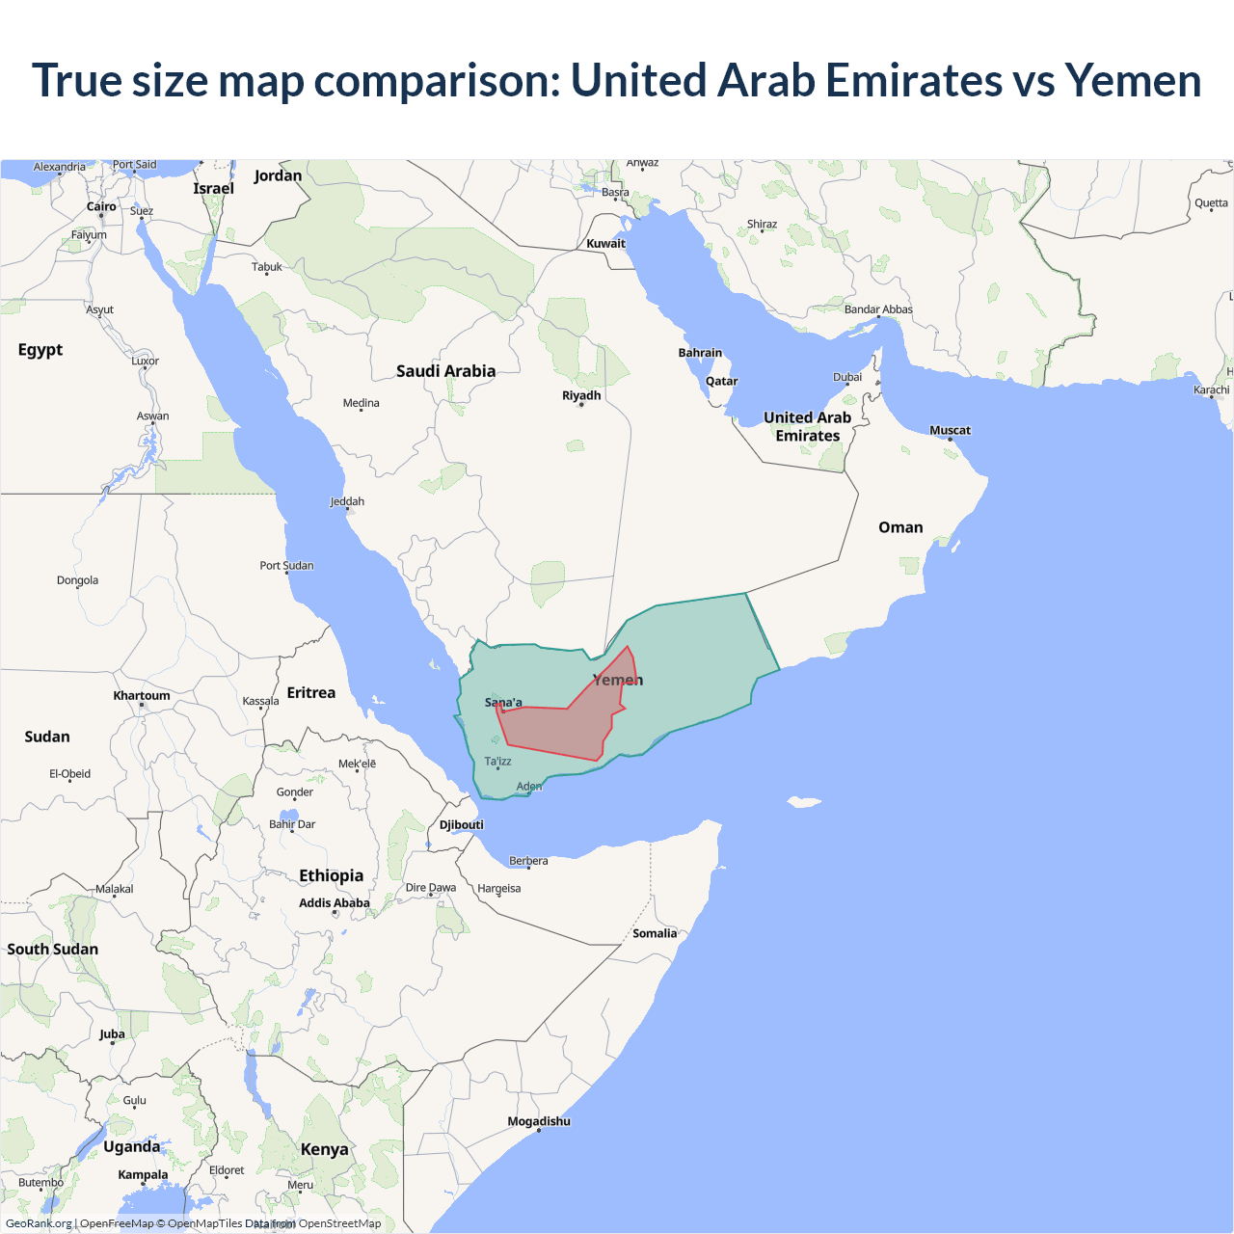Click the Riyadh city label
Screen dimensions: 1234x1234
581,395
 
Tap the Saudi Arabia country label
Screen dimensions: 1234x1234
445,371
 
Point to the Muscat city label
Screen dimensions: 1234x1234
950,430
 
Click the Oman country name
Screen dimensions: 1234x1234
900,527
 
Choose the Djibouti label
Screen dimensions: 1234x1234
461,824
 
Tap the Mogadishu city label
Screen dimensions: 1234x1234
539,1121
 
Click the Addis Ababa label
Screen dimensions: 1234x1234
335,903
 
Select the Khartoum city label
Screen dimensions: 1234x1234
142,695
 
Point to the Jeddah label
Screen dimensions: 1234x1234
347,501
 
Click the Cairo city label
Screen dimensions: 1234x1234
101,206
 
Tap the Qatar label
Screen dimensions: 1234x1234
721,381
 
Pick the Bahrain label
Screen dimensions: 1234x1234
700,353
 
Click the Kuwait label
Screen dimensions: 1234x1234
605,244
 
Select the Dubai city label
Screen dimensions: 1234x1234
847,377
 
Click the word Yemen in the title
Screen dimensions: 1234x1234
1133,80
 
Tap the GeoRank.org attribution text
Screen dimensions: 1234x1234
39,1223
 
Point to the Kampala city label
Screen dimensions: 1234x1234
143,1174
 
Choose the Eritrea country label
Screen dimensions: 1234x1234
311,693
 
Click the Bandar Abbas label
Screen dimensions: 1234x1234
878,309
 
